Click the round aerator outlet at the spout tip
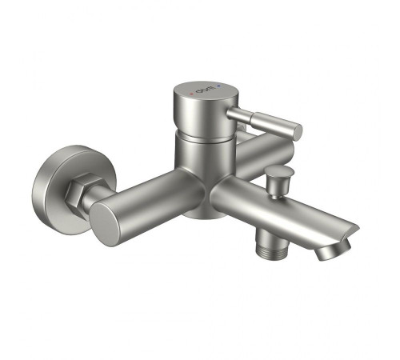[x=329, y=254]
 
